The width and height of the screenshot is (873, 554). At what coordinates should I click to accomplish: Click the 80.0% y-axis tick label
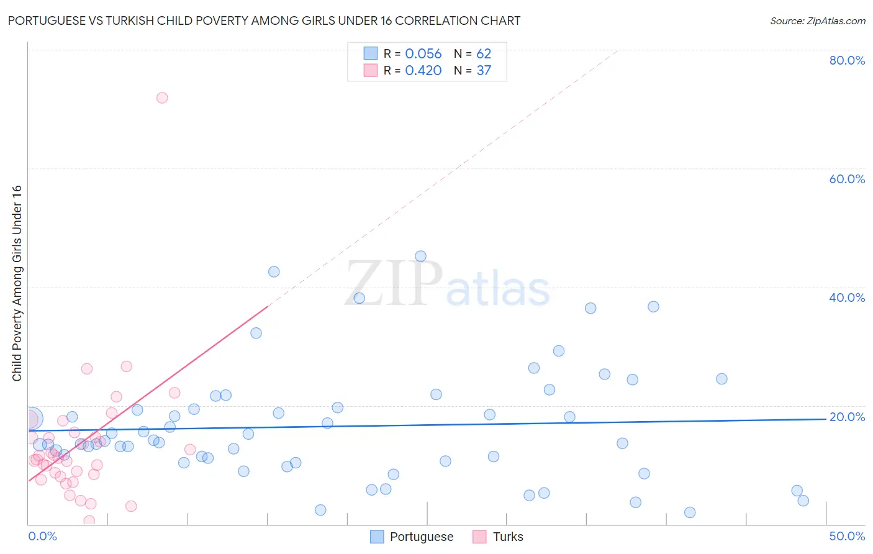[x=847, y=60]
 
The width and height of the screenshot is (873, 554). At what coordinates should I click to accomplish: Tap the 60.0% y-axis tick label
[x=847, y=179]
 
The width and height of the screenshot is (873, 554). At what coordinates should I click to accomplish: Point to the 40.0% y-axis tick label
[x=847, y=297]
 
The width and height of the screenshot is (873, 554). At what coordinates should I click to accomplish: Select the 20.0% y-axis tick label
[x=847, y=417]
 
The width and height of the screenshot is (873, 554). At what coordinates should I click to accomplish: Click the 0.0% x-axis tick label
[x=42, y=536]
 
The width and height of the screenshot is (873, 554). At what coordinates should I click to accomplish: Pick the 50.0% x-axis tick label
[x=847, y=536]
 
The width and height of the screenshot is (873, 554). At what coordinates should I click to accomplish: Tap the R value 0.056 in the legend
[x=423, y=54]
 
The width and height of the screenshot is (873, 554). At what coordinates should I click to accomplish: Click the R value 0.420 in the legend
[x=423, y=71]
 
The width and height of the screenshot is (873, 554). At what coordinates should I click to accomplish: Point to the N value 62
[x=484, y=54]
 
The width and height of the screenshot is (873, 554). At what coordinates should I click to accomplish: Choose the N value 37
[x=484, y=71]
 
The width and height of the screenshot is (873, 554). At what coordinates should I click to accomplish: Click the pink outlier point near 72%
[x=162, y=98]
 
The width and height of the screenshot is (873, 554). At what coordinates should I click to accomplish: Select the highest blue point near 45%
[x=420, y=257]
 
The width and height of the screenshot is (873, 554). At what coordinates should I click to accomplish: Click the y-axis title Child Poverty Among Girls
[x=17, y=283]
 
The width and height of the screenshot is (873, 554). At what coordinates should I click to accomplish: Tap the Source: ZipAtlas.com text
[x=817, y=21]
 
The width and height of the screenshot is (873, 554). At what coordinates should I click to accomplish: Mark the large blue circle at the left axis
[x=32, y=419]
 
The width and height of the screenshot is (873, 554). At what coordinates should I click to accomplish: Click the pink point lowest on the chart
[x=89, y=520]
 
